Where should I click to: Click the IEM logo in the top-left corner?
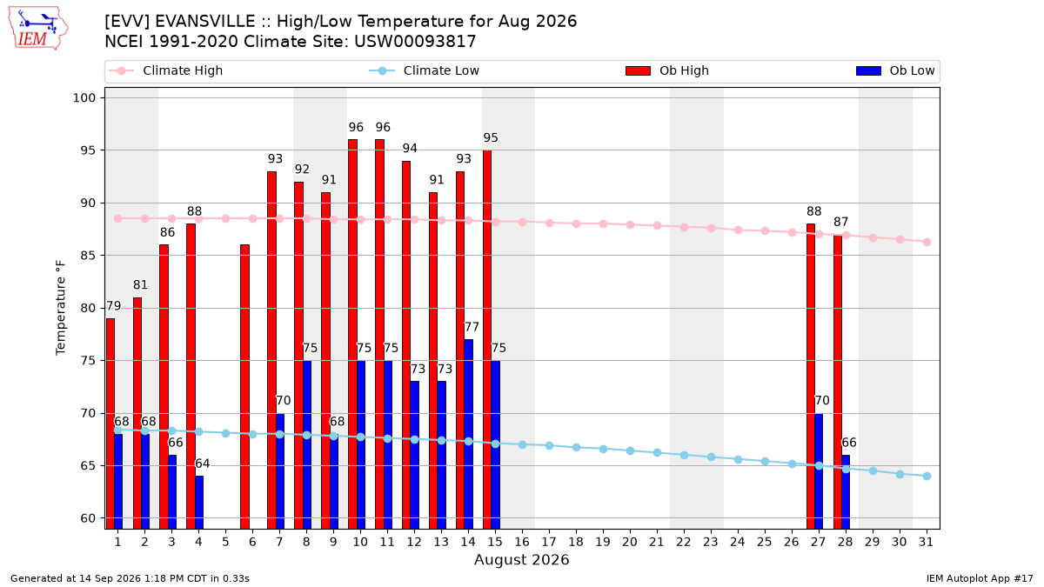(37, 28)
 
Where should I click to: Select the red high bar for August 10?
(353, 334)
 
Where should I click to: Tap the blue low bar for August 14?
(468, 434)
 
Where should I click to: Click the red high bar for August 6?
(244, 387)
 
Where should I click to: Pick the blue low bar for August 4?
(199, 503)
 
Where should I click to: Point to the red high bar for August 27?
(811, 377)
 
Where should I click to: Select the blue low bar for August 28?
(846, 492)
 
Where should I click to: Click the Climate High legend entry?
(166, 70)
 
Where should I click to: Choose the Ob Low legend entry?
(895, 70)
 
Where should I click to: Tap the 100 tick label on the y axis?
(84, 97)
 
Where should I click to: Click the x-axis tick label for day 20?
(630, 543)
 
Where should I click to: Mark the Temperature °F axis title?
(61, 308)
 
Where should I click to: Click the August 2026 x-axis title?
(521, 559)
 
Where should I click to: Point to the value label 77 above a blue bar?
(472, 327)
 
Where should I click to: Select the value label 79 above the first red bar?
(114, 306)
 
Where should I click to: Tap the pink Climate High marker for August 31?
(927, 243)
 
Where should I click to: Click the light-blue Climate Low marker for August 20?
(630, 451)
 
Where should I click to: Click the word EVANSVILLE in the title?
(205, 22)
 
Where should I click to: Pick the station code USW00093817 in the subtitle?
(415, 42)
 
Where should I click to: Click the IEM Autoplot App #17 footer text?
(980, 578)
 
